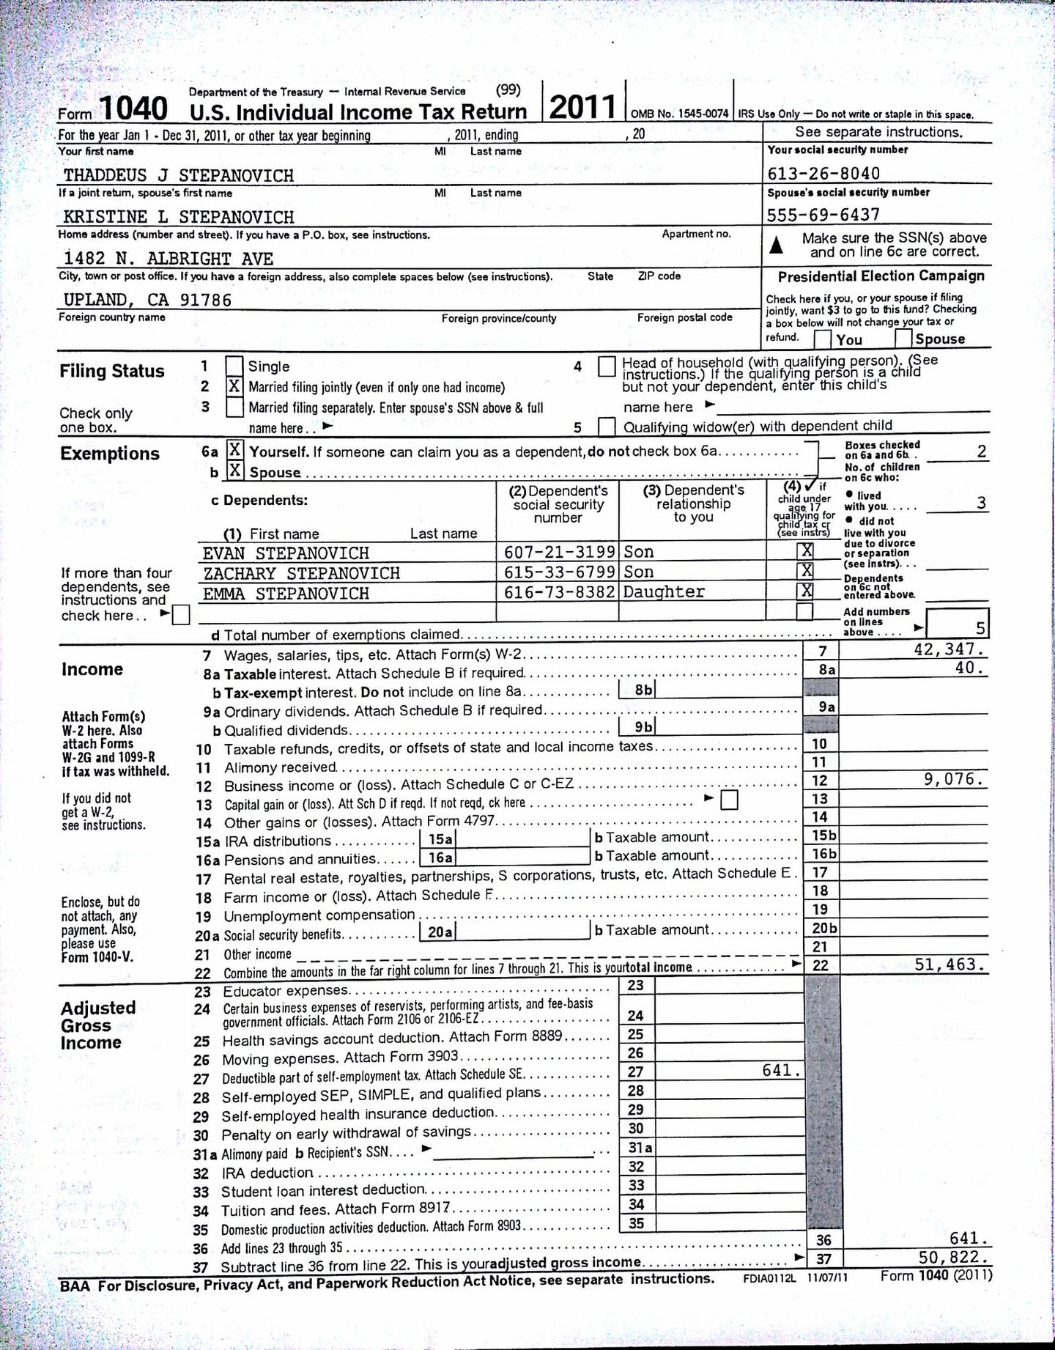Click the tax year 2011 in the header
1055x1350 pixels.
[x=582, y=108]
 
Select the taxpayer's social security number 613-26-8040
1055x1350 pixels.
[x=823, y=174]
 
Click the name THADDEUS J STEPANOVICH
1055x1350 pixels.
[x=178, y=175]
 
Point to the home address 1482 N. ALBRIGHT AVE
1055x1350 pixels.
[x=168, y=259]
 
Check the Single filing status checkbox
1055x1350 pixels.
[x=234, y=366]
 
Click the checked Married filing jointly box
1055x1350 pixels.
[x=234, y=386]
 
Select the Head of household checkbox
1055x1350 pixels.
[x=607, y=366]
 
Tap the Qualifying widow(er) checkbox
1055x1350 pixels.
[x=607, y=426]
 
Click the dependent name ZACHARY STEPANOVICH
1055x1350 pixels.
[x=301, y=573]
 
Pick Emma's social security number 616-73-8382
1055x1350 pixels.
[x=560, y=592]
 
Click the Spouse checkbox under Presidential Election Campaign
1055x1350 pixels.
[x=903, y=338]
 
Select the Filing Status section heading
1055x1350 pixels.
[x=112, y=371]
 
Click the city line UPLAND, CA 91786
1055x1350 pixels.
[x=147, y=300]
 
